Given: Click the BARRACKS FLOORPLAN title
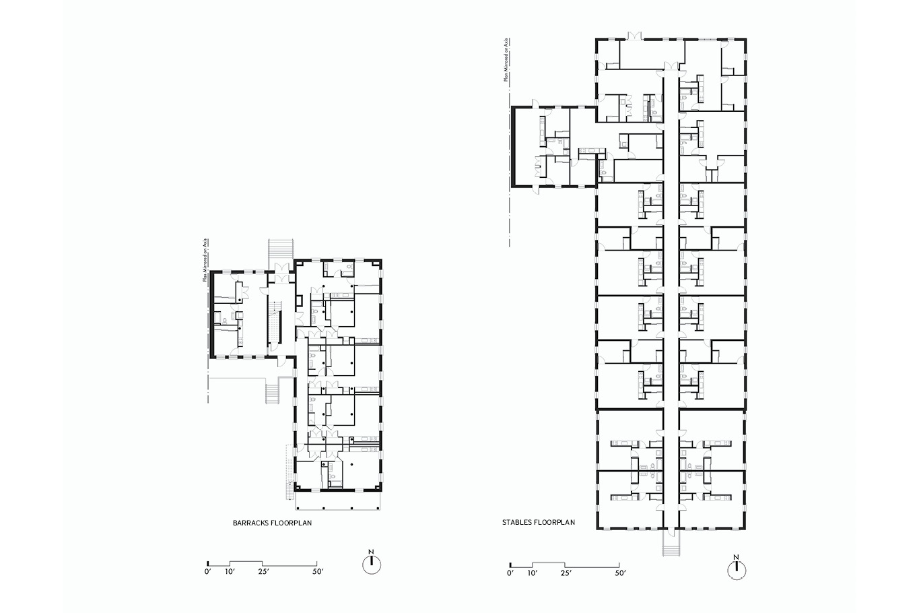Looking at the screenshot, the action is point(272,523).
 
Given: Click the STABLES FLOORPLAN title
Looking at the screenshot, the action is point(539,522).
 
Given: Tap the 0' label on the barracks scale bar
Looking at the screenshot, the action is point(207,571).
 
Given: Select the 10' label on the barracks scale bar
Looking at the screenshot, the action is point(230,571).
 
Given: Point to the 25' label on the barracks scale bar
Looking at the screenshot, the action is point(263,571).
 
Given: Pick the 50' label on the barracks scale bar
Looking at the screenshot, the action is point(318,571).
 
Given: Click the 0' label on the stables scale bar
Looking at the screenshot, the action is point(510,573).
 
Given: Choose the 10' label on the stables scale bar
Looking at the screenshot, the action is point(533,573).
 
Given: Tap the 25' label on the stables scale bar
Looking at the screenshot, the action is point(566,573).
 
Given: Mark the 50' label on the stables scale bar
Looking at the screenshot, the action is point(620,573).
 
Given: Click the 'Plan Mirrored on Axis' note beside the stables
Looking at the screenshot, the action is point(507,60).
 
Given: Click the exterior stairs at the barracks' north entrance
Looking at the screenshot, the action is point(281,252).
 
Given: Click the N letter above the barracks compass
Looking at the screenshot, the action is point(371,552).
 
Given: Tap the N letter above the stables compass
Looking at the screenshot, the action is point(737,557).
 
